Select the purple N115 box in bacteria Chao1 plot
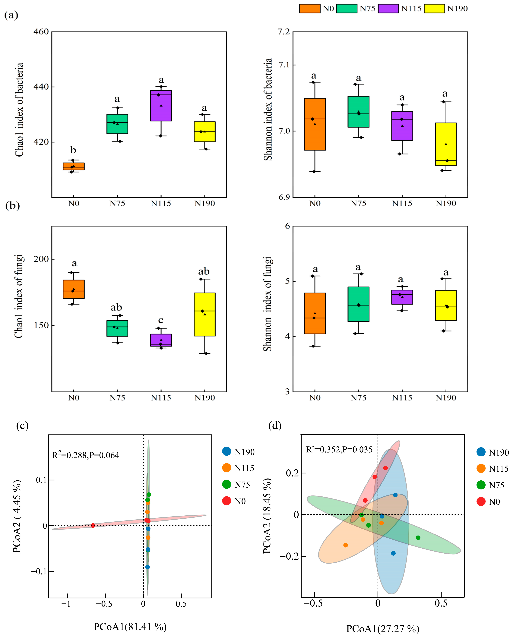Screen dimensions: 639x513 pos(161,106)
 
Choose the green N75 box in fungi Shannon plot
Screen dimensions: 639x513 pos(358,304)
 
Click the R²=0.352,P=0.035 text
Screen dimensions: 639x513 pos(339,450)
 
